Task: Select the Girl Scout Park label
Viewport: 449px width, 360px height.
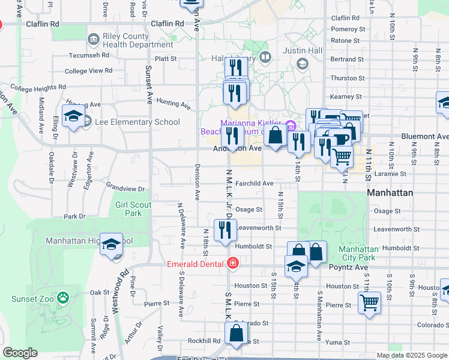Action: [x=129, y=209]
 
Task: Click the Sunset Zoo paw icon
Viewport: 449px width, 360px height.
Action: [x=63, y=297]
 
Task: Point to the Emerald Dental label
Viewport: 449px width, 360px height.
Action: [x=195, y=263]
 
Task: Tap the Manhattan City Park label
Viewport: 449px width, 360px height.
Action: [x=359, y=254]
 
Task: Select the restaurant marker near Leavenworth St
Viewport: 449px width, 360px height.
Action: [x=225, y=230]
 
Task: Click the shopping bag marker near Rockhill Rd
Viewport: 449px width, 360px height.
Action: [x=237, y=334]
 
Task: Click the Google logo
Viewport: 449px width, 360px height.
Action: [x=20, y=353]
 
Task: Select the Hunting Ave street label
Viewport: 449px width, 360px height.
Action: [x=173, y=104]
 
